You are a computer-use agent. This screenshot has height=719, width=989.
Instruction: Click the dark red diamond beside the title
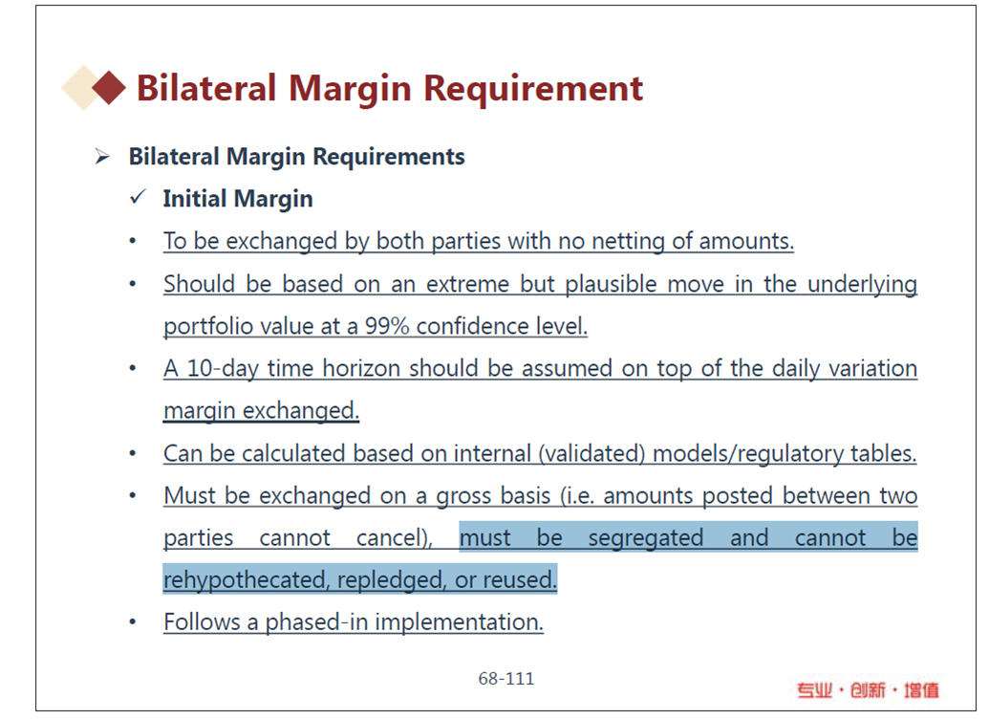pos(109,87)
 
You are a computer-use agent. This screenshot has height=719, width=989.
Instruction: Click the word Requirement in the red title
pos(533,88)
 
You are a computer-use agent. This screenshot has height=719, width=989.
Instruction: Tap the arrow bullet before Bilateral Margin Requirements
pos(102,157)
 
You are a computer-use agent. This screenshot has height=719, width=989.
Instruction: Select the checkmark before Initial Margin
pos(138,198)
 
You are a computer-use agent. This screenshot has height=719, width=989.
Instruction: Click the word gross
pos(462,496)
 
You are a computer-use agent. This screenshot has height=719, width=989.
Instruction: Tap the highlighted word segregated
pos(646,538)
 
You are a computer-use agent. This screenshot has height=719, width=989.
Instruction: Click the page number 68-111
pos(505,679)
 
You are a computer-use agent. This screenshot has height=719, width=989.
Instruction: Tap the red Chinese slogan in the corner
pos(868,690)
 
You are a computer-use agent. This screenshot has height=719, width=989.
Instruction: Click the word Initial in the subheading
pos(195,199)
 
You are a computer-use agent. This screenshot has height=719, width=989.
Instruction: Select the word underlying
pos(862,284)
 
